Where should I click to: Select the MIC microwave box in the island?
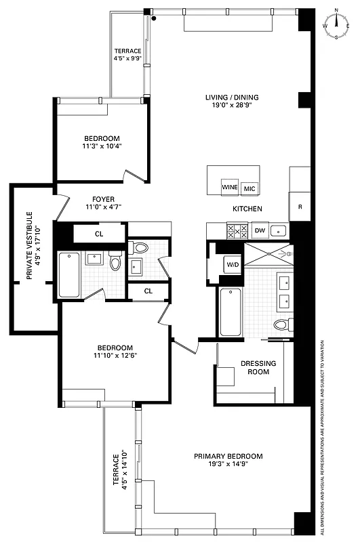[249, 188]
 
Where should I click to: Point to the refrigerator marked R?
[300, 206]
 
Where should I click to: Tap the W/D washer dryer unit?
[233, 264]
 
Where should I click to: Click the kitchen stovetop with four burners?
[235, 231]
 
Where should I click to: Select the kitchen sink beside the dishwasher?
[280, 231]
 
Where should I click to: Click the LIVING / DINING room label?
[232, 102]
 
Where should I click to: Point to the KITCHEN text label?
[247, 209]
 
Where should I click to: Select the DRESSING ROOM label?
[258, 368]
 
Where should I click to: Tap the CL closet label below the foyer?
[99, 234]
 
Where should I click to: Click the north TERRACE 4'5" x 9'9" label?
[127, 55]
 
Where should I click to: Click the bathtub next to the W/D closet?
[230, 312]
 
